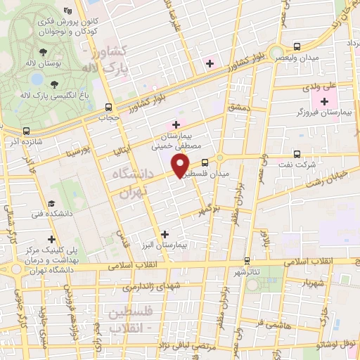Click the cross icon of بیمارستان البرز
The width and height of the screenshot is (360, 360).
pos(165,234)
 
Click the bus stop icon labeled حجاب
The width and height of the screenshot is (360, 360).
pos(108,108)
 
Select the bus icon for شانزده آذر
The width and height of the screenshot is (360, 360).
pos(27,131)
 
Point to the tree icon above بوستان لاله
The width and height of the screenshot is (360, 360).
pos(44,52)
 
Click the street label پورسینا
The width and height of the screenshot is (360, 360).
pos(76,150)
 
